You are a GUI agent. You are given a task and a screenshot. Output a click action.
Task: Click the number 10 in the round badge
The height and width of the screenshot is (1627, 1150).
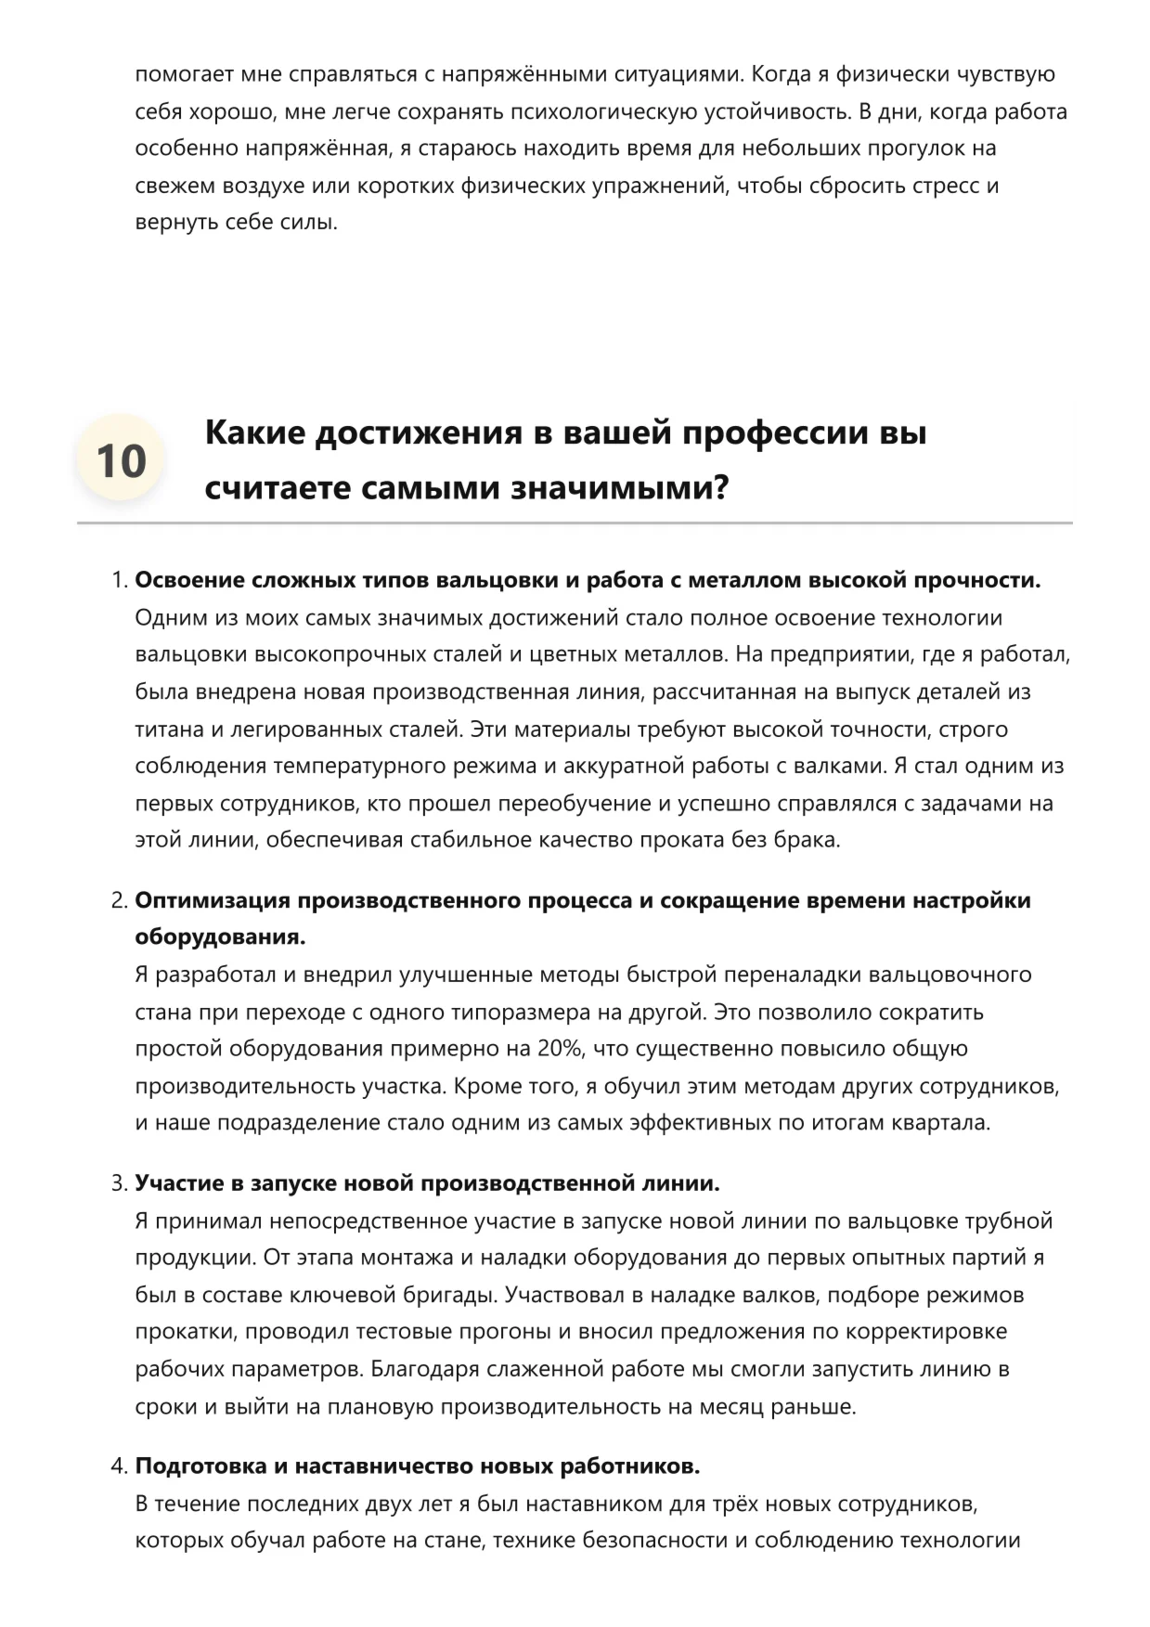tap(121, 460)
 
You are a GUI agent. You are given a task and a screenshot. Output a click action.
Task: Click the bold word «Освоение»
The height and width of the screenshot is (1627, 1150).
tap(189, 580)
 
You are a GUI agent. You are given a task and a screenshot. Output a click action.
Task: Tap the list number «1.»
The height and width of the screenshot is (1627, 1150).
tap(119, 580)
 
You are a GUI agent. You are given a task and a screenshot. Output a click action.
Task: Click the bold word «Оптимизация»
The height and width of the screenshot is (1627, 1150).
tap(213, 900)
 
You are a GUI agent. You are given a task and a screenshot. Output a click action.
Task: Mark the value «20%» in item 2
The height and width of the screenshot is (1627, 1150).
tap(562, 1049)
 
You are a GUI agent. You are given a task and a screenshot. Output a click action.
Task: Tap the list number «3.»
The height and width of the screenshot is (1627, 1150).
tap(119, 1183)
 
